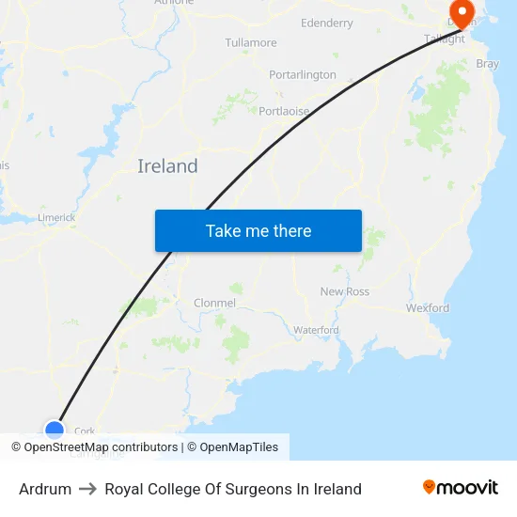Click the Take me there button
(x=258, y=230)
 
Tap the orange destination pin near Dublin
(x=462, y=12)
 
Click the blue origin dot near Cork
(x=55, y=431)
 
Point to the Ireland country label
(x=167, y=166)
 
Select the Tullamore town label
(x=251, y=43)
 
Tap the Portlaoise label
(x=283, y=110)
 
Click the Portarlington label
(x=302, y=74)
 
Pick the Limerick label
(x=56, y=217)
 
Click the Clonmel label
(x=213, y=303)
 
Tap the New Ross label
(x=345, y=291)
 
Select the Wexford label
(x=428, y=307)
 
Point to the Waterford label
(x=316, y=330)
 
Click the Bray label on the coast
(x=488, y=64)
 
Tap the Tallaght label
(x=445, y=39)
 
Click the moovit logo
(x=461, y=488)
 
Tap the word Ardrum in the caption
(x=45, y=489)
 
